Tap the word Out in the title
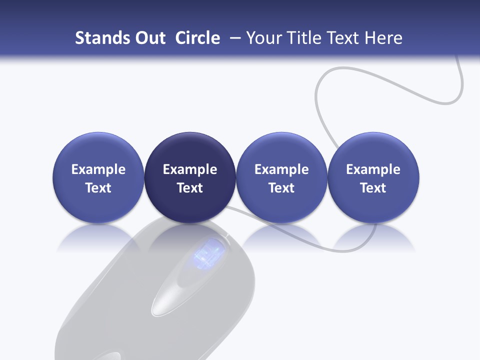(148, 38)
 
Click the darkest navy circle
(190, 177)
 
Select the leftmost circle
(98, 177)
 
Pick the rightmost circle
(373, 177)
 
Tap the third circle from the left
(281, 177)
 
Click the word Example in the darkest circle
(190, 169)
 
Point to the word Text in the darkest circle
(190, 188)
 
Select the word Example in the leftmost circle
(98, 169)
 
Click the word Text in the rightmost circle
(373, 188)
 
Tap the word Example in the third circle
(281, 169)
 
